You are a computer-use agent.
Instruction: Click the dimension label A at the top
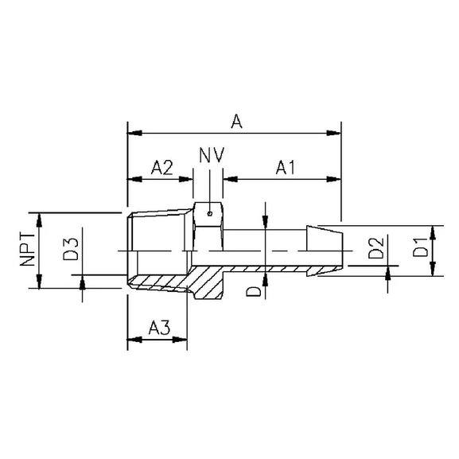click(235, 121)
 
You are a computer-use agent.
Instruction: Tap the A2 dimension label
click(163, 167)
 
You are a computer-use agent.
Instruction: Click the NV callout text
click(210, 153)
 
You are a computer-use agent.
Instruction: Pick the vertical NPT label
click(28, 250)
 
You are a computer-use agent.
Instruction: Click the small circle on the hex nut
click(208, 213)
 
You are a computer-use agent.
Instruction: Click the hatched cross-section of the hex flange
click(208, 282)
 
